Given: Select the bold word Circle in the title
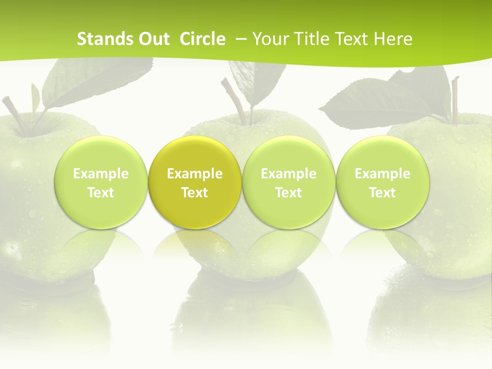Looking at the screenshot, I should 202,39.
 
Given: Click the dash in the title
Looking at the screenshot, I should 242,39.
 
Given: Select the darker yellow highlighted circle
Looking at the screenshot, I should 195,182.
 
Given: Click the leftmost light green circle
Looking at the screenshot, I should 101,182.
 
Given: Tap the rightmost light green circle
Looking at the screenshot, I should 383,182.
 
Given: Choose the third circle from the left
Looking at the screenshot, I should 289,182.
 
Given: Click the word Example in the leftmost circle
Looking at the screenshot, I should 101,174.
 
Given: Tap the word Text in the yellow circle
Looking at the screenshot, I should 195,193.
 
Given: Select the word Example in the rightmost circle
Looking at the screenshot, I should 383,174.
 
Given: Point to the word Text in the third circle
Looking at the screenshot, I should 289,193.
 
